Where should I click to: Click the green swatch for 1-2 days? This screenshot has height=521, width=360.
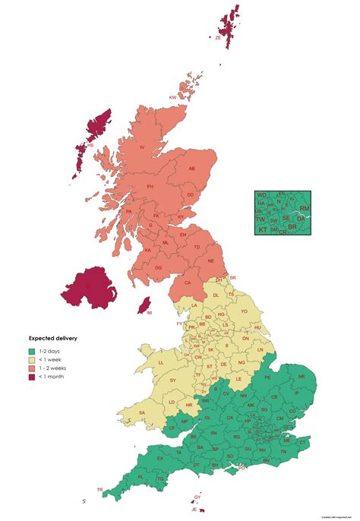(x=32, y=350)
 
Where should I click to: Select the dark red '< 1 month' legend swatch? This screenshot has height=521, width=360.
(x=32, y=376)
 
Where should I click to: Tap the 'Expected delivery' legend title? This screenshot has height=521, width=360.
(x=53, y=337)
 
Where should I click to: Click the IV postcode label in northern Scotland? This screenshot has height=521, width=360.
(x=141, y=147)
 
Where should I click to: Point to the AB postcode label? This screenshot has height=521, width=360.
(x=191, y=169)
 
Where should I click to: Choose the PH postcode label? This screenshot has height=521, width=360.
(x=150, y=186)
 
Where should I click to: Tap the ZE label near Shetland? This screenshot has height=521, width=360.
(x=217, y=36)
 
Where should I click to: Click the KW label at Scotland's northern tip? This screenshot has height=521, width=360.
(x=172, y=97)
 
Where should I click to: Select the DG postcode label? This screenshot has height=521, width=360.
(x=158, y=267)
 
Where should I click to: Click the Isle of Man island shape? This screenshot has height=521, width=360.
(x=141, y=306)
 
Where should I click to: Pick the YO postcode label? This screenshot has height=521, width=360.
(x=244, y=311)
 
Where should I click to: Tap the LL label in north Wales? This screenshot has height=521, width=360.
(x=161, y=363)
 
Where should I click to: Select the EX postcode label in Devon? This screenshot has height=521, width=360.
(x=160, y=459)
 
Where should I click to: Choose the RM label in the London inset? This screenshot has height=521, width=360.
(x=305, y=208)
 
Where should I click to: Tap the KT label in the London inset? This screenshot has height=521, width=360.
(x=263, y=229)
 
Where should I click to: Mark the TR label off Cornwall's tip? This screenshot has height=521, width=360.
(x=99, y=490)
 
